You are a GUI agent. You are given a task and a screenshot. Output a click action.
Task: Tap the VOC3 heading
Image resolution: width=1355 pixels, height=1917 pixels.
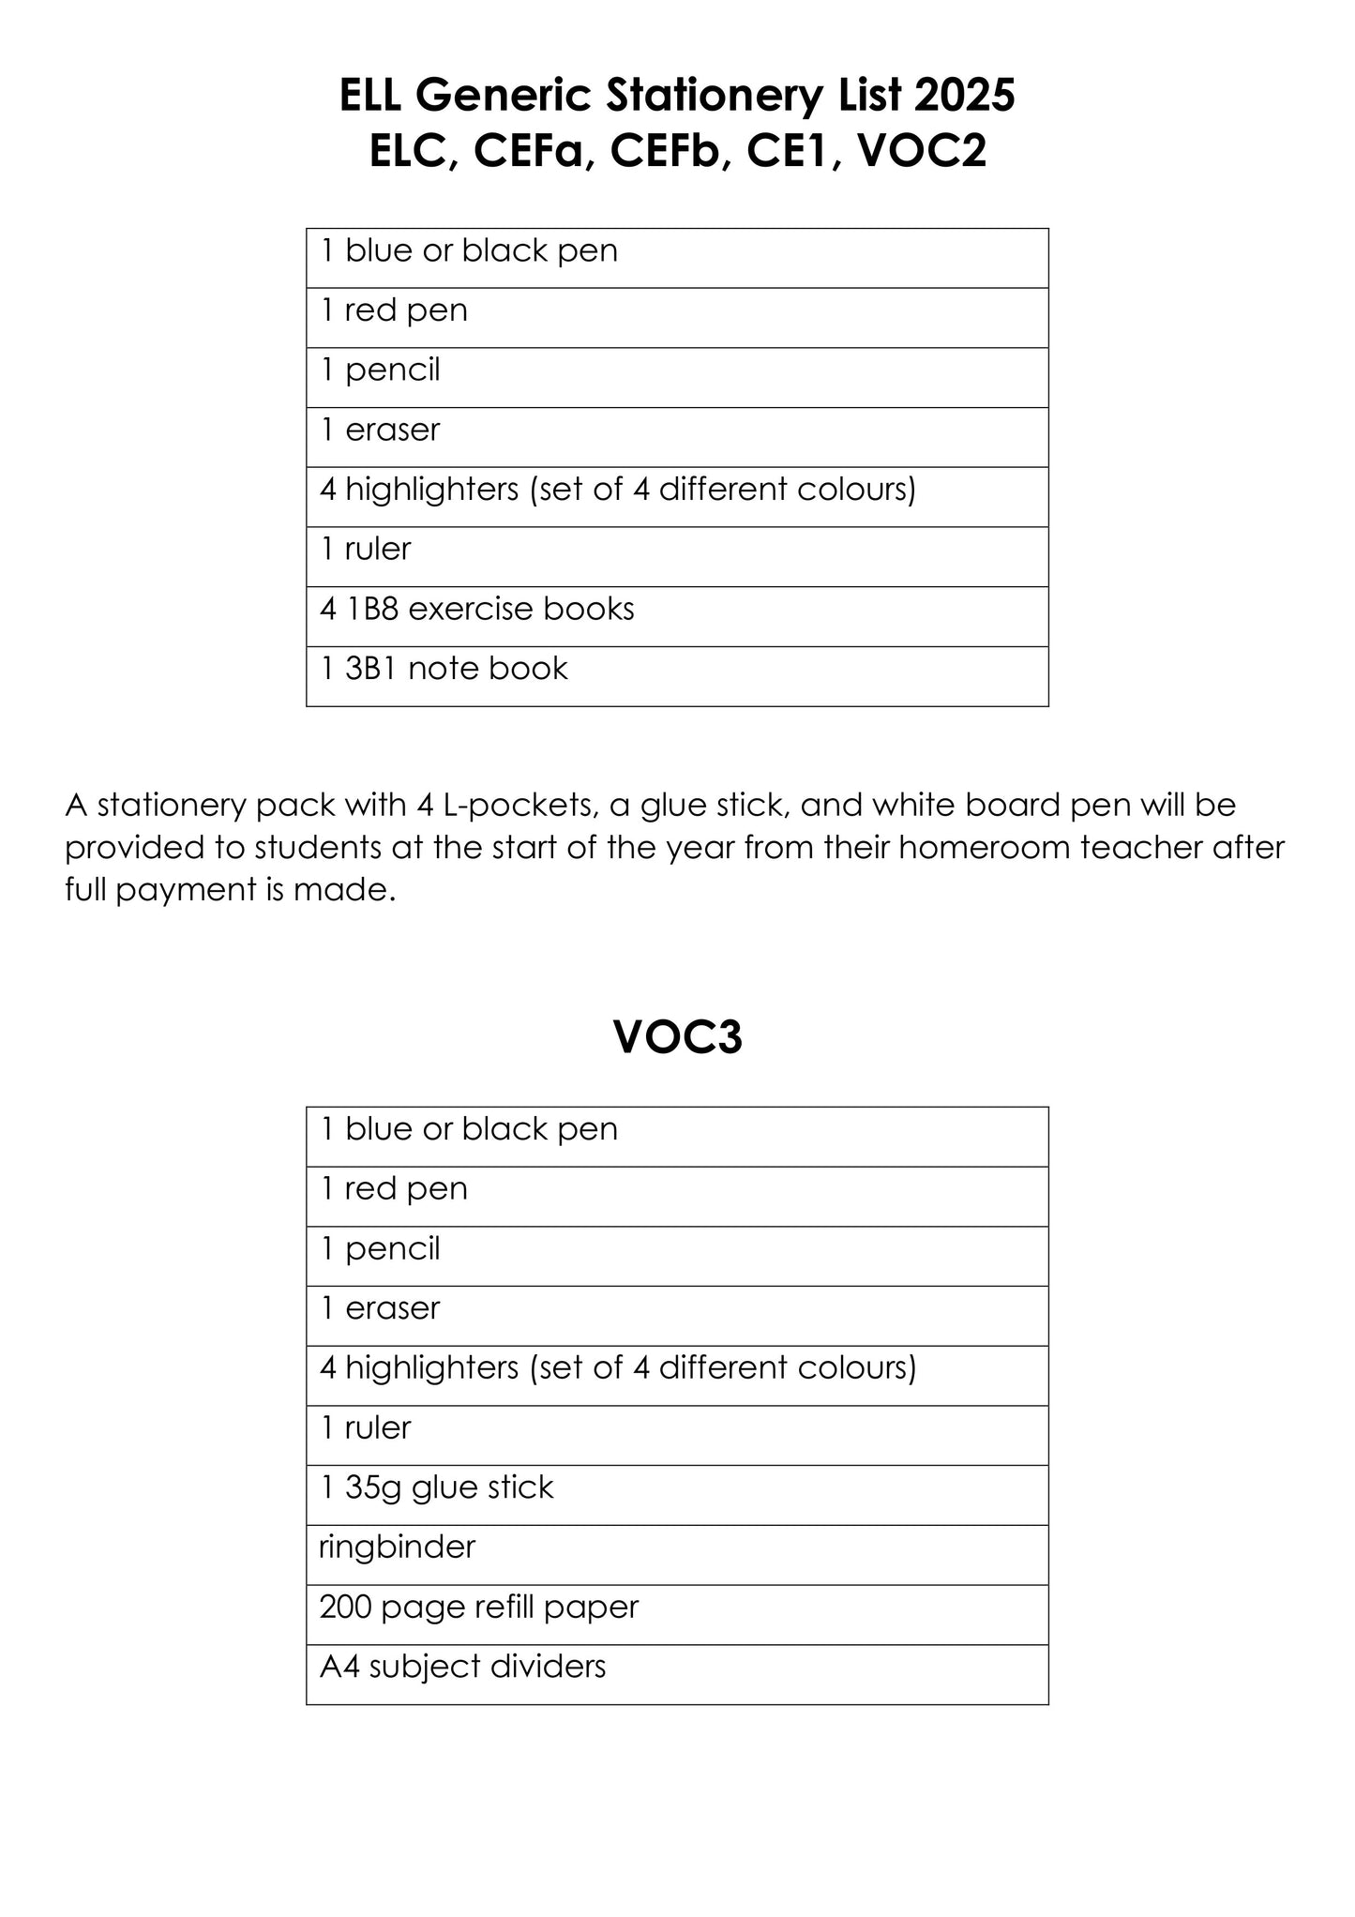[677, 1037]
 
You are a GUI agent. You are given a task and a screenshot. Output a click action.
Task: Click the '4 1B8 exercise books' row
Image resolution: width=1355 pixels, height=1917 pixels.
[476, 610]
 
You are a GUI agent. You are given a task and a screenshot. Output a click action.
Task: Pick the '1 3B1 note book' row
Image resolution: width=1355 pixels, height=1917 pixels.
[444, 669]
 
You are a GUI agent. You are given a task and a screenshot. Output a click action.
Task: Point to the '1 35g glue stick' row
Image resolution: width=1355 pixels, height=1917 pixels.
[436, 1487]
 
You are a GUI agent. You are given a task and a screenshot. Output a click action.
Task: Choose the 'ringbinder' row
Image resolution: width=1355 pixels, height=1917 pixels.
[397, 1547]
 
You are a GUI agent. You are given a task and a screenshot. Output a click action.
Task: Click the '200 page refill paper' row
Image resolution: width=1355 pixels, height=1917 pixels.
[478, 1607]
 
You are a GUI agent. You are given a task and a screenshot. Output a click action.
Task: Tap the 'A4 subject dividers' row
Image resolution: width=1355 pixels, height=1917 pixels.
[462, 1667]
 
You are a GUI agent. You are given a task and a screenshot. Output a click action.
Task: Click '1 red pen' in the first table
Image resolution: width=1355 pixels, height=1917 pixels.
[394, 310]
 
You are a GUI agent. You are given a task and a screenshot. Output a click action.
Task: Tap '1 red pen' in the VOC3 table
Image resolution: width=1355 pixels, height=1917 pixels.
[394, 1189]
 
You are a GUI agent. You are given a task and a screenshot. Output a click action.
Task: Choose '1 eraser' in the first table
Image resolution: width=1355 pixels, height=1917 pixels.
[380, 430]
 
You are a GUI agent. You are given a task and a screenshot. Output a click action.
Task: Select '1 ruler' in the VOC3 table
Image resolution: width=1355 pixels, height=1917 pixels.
[366, 1427]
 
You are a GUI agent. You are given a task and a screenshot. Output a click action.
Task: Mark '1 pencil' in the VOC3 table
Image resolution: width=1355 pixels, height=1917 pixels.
[380, 1249]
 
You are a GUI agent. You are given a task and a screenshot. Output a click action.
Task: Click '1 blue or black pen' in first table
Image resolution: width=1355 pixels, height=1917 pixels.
[469, 251]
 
